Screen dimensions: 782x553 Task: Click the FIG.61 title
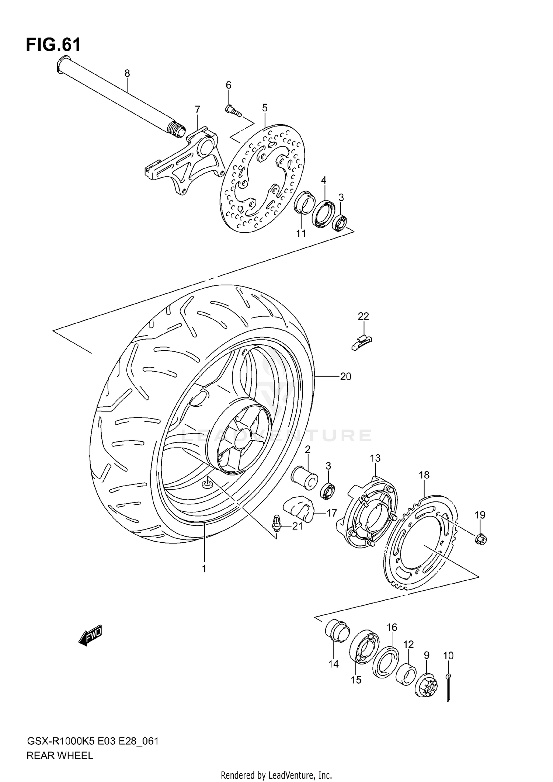pos(53,45)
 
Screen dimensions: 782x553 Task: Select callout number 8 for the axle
pos(127,73)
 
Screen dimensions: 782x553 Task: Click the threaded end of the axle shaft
pos(177,130)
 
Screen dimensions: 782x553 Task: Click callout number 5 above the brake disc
pos(265,108)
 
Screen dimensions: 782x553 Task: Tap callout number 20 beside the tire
pos(345,376)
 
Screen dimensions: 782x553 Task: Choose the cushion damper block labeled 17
pos(298,510)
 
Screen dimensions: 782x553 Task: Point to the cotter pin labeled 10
pos(448,687)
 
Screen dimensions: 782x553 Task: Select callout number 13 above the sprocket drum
pos(375,458)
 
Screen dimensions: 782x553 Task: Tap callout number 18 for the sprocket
pos(424,475)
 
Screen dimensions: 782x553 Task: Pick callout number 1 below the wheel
pos(204,569)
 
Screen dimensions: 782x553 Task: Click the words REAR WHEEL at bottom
pos(60,755)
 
